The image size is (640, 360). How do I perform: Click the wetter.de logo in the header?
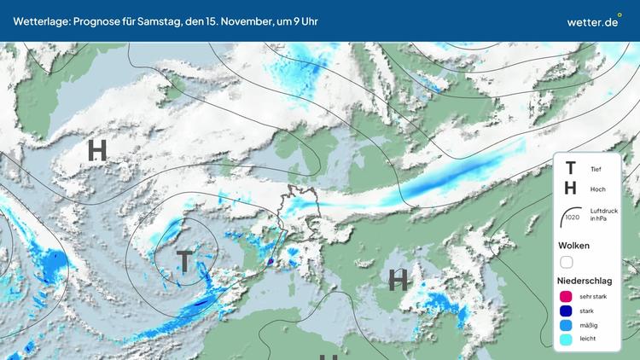click(592, 21)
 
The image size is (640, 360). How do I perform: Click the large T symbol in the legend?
click(570, 169)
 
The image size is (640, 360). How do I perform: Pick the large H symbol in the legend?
click(570, 189)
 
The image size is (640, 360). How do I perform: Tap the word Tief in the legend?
click(596, 170)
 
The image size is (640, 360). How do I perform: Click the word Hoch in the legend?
click(597, 189)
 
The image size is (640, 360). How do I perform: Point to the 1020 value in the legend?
click(572, 218)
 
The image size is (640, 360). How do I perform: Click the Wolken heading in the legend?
click(573, 246)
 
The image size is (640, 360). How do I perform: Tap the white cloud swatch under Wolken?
click(566, 263)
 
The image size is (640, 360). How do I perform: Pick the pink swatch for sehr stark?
click(566, 296)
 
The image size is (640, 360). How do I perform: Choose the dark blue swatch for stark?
click(566, 311)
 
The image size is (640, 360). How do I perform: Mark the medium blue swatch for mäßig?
click(566, 325)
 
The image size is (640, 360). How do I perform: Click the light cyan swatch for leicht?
click(566, 340)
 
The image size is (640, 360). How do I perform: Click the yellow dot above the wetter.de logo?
click(620, 14)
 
